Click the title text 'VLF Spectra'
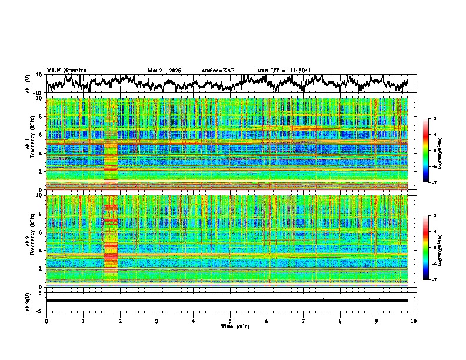click(x=66, y=70)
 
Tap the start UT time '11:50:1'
click(x=298, y=71)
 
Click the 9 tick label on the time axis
click(x=377, y=321)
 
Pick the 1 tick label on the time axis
click(x=83, y=321)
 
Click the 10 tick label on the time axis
click(x=414, y=321)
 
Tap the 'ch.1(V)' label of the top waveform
click(x=28, y=84)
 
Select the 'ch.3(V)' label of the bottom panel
click(x=28, y=300)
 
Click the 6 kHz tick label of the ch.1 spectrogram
click(x=41, y=135)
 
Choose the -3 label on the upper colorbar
click(x=434, y=119)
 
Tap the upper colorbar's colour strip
click(x=426, y=151)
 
